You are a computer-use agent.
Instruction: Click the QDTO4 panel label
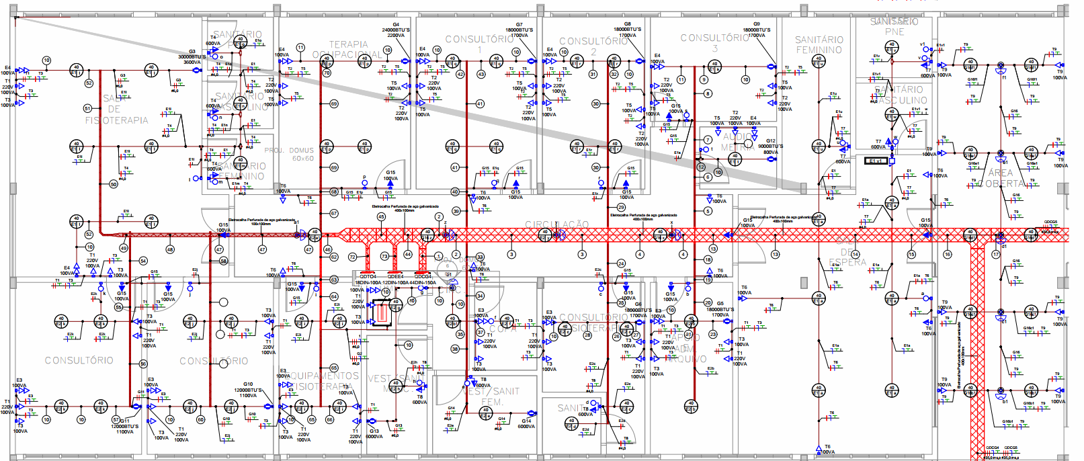368,276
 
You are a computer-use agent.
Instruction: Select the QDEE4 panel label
395,276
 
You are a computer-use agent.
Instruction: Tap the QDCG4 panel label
423,276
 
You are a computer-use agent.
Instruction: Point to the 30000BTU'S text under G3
192,57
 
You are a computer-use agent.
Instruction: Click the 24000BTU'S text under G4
396,30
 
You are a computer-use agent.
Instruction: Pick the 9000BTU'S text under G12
770,146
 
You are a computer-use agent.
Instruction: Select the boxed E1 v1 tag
876,161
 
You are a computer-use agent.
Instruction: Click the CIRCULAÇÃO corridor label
556,224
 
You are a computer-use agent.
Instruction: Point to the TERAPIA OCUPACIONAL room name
347,49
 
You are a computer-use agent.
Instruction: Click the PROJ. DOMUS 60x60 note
289,155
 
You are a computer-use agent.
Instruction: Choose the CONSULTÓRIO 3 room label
714,42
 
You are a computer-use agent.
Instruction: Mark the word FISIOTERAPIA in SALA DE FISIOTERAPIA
116,120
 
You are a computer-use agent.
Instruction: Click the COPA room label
503,329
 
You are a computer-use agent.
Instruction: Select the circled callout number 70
327,73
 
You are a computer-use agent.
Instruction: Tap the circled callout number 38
455,349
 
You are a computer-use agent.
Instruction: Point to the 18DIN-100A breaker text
368,283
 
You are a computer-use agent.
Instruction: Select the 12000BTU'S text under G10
248,390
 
